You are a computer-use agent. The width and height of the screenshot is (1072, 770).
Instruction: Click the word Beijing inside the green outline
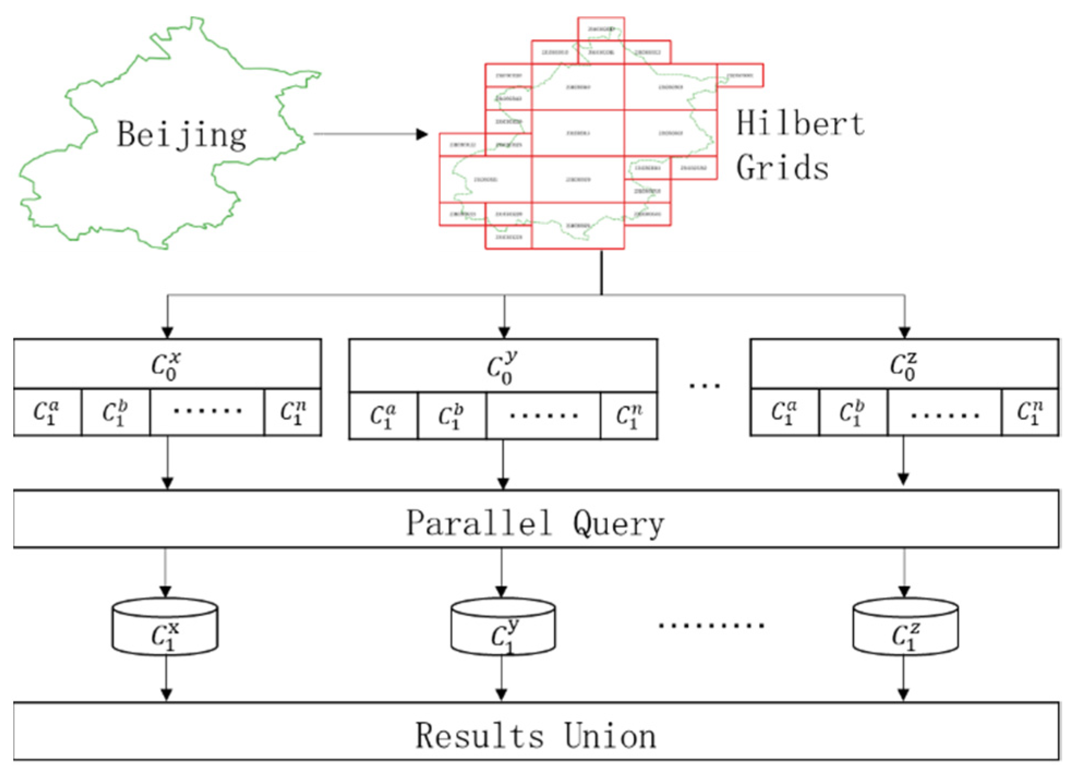pyautogui.click(x=181, y=135)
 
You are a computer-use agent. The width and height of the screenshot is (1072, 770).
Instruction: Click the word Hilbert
pyautogui.click(x=800, y=123)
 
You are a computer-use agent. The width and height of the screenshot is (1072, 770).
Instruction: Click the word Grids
pyautogui.click(x=782, y=167)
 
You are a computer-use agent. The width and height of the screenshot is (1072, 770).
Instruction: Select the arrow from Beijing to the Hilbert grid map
pyautogui.click(x=371, y=134)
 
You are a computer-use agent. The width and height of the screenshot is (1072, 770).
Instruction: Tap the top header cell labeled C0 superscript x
pyautogui.click(x=167, y=365)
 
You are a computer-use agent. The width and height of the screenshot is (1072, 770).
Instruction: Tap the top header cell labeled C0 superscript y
pyautogui.click(x=502, y=366)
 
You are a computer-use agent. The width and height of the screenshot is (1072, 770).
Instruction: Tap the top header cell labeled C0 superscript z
pyautogui.click(x=904, y=365)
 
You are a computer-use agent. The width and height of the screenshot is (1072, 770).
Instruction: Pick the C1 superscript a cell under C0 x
pyautogui.click(x=47, y=413)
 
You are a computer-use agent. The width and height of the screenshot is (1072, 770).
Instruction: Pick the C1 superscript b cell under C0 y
pyautogui.click(x=451, y=416)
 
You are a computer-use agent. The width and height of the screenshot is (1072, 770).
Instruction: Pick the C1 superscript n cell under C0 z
pyautogui.click(x=1029, y=413)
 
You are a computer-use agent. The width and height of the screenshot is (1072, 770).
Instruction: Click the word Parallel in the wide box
pyautogui.click(x=479, y=523)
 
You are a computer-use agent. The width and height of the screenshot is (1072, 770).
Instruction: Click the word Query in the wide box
pyautogui.click(x=618, y=524)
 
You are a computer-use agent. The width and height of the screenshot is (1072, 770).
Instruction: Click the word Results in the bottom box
pyautogui.click(x=480, y=735)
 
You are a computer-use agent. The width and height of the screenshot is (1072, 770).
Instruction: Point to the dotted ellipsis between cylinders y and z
pyautogui.click(x=711, y=625)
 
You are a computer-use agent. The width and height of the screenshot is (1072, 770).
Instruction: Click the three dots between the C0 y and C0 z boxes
pyautogui.click(x=704, y=386)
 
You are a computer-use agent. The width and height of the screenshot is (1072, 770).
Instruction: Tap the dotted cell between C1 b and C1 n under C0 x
pyautogui.click(x=207, y=411)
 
